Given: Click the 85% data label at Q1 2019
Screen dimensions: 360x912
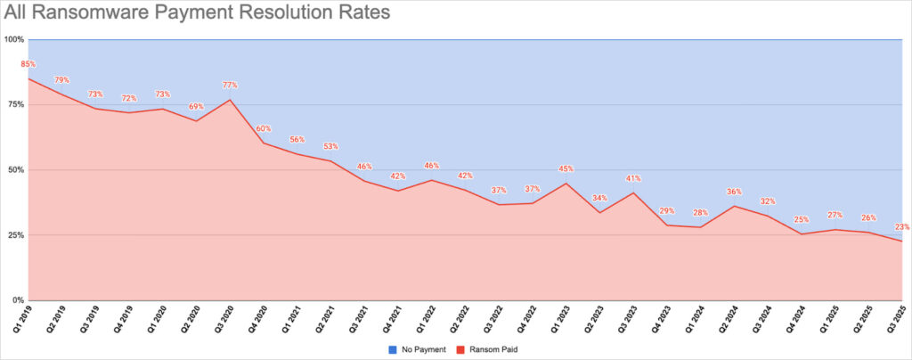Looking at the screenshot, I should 28,64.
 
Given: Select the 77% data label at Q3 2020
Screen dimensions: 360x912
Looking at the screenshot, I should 230,86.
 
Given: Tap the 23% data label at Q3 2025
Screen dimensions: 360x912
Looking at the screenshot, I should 902,227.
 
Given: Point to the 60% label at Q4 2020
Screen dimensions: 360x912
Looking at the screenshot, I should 264,128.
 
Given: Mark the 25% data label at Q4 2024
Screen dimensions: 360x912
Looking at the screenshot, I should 801,219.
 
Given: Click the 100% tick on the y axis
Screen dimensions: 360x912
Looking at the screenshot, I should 14,39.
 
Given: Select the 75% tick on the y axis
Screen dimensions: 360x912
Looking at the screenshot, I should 16,104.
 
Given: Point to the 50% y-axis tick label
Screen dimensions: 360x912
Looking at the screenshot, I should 16,169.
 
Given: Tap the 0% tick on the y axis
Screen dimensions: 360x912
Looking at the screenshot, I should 19,299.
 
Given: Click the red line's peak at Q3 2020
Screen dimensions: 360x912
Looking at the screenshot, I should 230,100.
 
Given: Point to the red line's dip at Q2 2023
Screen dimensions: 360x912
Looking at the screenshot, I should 599,212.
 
